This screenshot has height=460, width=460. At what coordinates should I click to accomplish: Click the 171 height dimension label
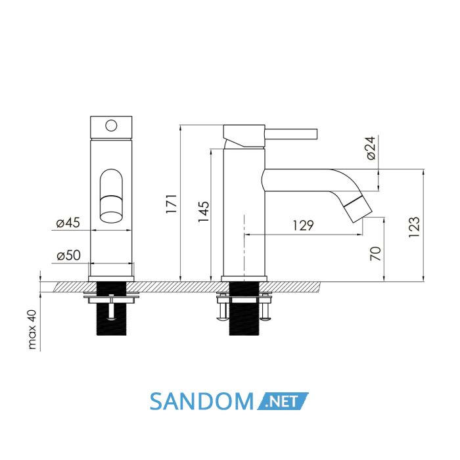172,203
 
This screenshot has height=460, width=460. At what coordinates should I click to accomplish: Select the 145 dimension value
204,212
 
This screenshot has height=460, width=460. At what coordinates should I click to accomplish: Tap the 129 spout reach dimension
304,225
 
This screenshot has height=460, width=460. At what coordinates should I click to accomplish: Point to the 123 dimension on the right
414,227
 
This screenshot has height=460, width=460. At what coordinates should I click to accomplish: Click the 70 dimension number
376,254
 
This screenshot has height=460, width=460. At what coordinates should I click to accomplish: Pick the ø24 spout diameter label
371,148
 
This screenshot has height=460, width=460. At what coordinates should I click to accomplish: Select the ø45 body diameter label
68,223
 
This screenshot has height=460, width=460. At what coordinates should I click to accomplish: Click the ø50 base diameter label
68,256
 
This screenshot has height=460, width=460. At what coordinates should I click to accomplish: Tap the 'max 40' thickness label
32,329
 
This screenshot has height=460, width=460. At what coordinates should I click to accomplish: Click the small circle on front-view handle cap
111,126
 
